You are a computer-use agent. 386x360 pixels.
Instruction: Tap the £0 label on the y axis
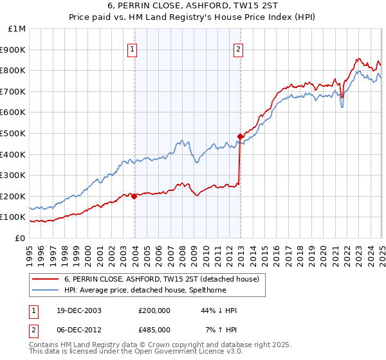pos(19,238)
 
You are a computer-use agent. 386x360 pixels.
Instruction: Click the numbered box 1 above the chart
pos(132,49)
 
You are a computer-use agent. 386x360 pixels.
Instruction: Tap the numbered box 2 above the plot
pos(238,49)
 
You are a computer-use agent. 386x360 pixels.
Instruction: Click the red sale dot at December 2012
pos(240,136)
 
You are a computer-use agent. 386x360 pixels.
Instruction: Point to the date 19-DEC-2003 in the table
pos(79,310)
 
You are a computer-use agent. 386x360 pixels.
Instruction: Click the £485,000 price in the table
pos(154,329)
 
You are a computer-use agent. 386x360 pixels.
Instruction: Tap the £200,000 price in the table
pos(154,310)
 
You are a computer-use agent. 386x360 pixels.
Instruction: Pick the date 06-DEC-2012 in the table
pos(79,329)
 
